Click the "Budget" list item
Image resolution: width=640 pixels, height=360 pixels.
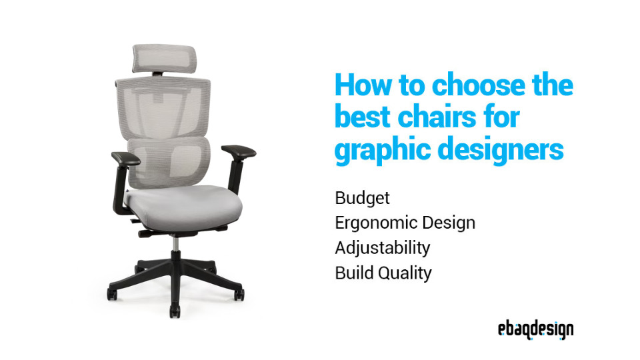click(x=362, y=199)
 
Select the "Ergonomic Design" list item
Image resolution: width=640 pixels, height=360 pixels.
click(x=405, y=223)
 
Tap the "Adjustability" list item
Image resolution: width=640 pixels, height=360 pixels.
click(x=382, y=248)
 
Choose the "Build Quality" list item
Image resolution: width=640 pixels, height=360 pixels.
click(x=383, y=273)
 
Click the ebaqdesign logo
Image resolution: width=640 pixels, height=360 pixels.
click(x=535, y=329)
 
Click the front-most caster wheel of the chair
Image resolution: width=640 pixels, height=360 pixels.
click(x=175, y=309)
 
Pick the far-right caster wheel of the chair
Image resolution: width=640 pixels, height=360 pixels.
click(x=239, y=293)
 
